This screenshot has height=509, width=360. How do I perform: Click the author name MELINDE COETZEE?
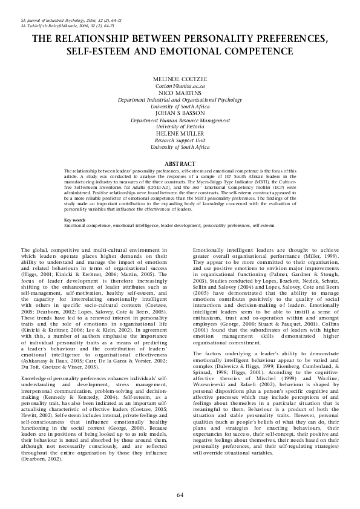(x=180, y=80)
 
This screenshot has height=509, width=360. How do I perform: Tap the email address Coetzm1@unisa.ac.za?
(x=180, y=87)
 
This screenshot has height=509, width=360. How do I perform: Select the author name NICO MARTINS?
(x=180, y=94)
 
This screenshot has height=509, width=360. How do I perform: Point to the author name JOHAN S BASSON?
(x=180, y=114)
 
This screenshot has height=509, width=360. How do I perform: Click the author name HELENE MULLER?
(x=180, y=134)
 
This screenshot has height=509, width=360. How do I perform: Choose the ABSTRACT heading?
(x=180, y=164)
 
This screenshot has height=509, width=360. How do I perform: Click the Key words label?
(x=74, y=219)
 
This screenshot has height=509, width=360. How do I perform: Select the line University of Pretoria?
(x=180, y=127)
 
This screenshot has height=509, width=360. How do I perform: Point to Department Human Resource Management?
(x=180, y=120)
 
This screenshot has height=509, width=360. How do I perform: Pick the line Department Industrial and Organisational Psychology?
(x=180, y=100)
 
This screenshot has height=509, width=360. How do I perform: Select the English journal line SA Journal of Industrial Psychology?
(x=65, y=21)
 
